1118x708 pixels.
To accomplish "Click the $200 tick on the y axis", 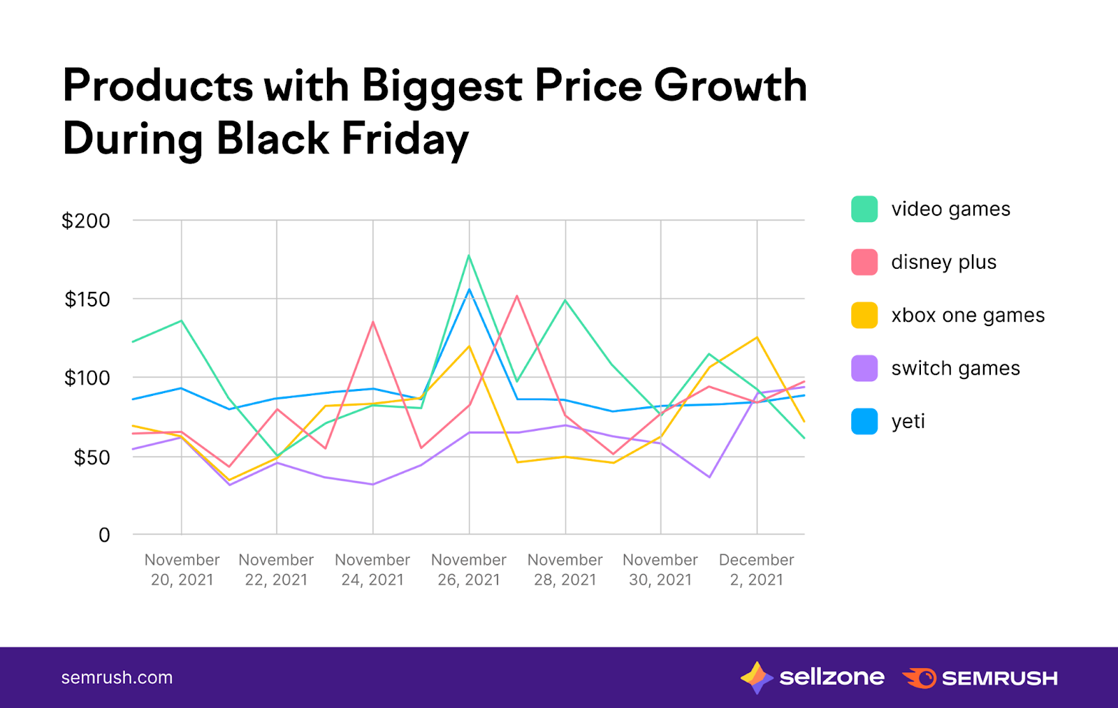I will coord(86,221).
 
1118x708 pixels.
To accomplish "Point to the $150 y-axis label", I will coord(87,300).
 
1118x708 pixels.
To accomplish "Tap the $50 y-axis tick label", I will coord(92,457).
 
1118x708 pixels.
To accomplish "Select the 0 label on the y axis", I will coord(104,535).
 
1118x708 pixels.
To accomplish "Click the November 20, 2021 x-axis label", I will coord(182,570).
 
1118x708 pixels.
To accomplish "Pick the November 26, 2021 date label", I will coord(469,570).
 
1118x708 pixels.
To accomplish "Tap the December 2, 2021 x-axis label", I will coord(756,570).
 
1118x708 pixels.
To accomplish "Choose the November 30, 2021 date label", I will coord(660,570).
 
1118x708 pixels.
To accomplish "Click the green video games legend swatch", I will coord(864,209).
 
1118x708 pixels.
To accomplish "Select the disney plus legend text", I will coord(943,263).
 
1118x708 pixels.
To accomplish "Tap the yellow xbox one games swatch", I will coord(864,316).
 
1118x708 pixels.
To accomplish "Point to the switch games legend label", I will coord(955,369).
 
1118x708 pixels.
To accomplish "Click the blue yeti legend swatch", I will coord(864,422).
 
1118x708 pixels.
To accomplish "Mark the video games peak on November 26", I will coord(469,256).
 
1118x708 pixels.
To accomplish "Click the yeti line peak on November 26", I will coord(469,289).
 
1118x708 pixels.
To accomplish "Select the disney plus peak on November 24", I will coord(373,322).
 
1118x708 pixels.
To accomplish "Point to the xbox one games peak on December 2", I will coord(757,338).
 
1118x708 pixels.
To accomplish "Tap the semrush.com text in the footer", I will coord(117,677).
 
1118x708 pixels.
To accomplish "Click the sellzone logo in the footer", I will coord(813,677).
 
